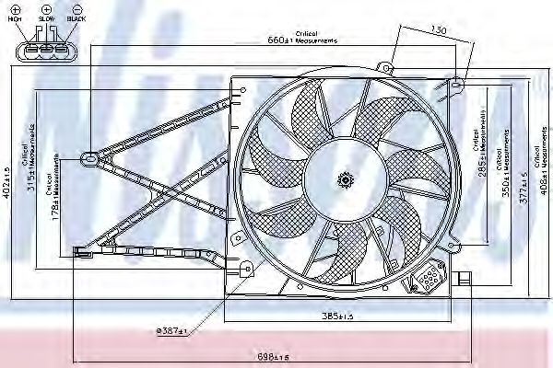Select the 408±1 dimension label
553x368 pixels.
coord(543,166)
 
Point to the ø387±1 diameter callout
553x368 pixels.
coord(171,330)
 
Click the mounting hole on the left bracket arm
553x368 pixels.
coord(89,157)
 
